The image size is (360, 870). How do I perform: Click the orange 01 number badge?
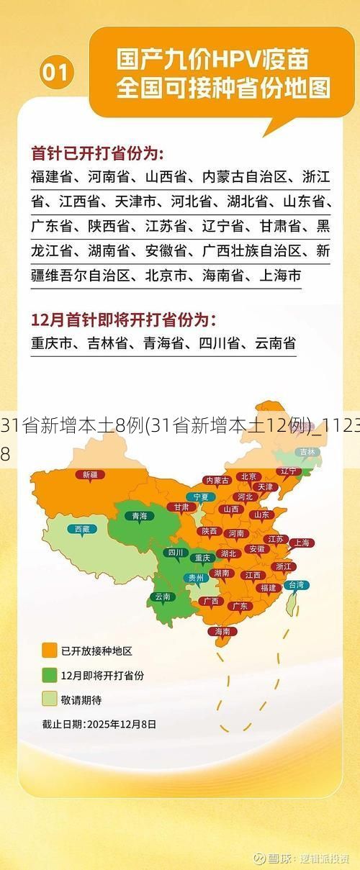tap(58, 72)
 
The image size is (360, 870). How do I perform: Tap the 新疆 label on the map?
tap(90, 454)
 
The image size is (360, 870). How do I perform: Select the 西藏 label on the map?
tap(83, 529)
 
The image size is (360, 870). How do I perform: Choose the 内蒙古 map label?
tap(217, 460)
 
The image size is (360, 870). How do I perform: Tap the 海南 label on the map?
tap(222, 631)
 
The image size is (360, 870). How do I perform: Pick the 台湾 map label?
tap(296, 585)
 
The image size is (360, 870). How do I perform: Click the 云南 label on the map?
tap(163, 597)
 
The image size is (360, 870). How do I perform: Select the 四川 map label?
tap(174, 553)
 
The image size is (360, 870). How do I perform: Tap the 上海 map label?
tap(302, 543)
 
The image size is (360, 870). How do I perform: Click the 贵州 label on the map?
tap(196, 577)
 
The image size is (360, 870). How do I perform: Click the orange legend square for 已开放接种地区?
tap(50, 651)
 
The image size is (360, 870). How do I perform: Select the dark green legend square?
tap(50, 675)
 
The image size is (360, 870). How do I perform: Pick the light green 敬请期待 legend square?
tap(50, 699)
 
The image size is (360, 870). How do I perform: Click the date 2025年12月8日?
tap(121, 724)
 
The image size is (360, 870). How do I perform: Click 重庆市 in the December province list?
tap(52, 343)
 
